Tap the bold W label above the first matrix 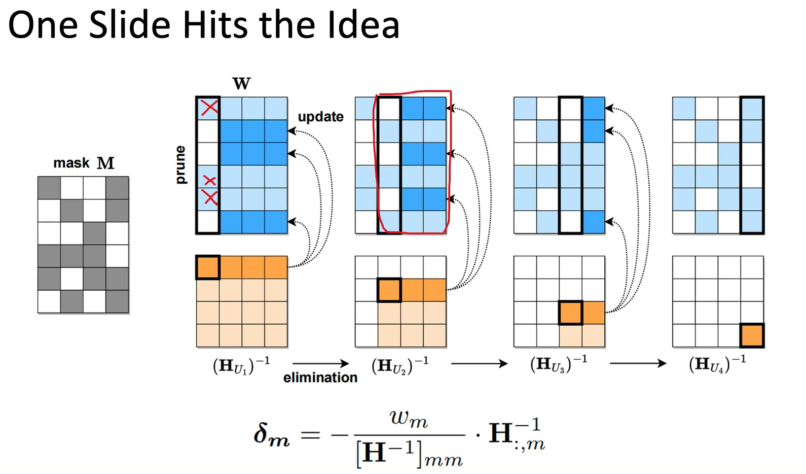click(241, 84)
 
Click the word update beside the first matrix click(320, 117)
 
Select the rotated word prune click(180, 165)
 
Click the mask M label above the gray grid click(84, 163)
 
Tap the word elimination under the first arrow click(320, 378)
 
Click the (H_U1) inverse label click(241, 364)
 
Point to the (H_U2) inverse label click(400, 364)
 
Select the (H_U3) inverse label click(559, 363)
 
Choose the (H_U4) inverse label click(717, 363)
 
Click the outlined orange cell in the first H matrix click(208, 267)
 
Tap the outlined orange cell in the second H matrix click(389, 290)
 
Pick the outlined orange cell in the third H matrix click(570, 313)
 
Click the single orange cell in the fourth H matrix click(752, 335)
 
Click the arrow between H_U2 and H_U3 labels click(479, 363)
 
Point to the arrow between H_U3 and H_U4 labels click(638, 363)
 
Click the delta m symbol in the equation click(272, 435)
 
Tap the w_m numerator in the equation click(409, 419)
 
